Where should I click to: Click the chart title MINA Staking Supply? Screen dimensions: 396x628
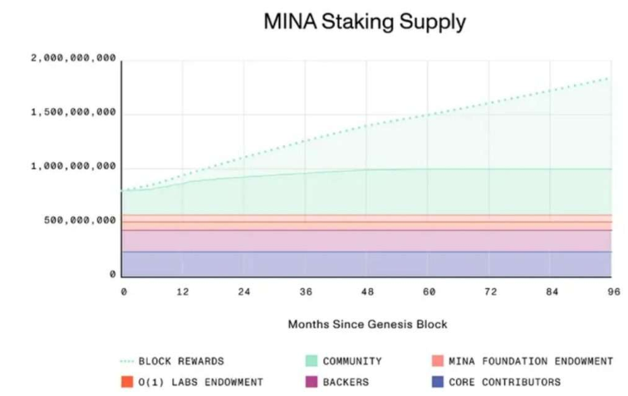(365, 22)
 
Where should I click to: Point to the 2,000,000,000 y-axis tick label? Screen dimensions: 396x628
(74, 59)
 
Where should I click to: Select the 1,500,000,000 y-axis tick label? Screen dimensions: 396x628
(74, 113)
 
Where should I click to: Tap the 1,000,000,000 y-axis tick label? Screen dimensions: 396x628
(74, 167)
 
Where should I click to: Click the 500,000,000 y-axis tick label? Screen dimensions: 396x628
(81, 221)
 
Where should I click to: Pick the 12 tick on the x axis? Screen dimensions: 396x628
(183, 292)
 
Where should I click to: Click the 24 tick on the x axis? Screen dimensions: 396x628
(244, 292)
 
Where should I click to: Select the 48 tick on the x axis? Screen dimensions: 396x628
(367, 292)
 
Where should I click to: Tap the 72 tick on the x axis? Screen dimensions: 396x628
(490, 292)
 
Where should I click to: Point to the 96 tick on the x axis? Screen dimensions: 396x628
(614, 292)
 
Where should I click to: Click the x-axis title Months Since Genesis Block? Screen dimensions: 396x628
(368, 324)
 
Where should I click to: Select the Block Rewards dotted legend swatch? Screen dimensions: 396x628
(126, 361)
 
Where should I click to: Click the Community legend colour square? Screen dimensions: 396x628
(312, 361)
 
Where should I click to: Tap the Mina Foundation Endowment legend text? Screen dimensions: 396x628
(530, 361)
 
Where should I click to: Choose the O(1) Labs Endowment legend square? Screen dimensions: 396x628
(126, 382)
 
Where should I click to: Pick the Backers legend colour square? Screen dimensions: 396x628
(312, 382)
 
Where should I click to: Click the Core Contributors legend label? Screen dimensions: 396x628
(504, 382)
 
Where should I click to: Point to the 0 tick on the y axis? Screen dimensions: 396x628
(112, 274)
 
